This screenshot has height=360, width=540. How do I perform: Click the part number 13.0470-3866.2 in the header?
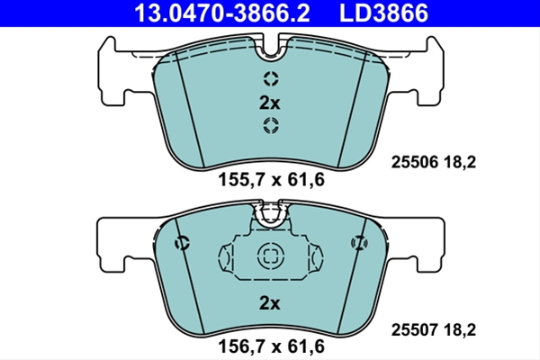pos(222,13)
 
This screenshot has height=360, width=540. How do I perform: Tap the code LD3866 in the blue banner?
pos(384,13)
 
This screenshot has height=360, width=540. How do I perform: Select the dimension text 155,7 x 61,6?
pos(272,180)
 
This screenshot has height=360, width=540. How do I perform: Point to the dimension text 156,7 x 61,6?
pos(272,346)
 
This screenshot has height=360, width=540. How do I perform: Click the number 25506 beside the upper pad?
pos(415,162)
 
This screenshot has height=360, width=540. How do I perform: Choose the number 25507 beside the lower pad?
pos(415,330)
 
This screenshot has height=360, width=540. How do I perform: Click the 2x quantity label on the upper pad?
pos(270,103)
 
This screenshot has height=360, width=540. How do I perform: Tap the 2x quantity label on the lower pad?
pos(270,303)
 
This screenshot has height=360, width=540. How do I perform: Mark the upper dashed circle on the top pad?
pos(271,79)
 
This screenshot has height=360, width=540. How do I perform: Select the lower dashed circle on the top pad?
pos(271,125)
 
